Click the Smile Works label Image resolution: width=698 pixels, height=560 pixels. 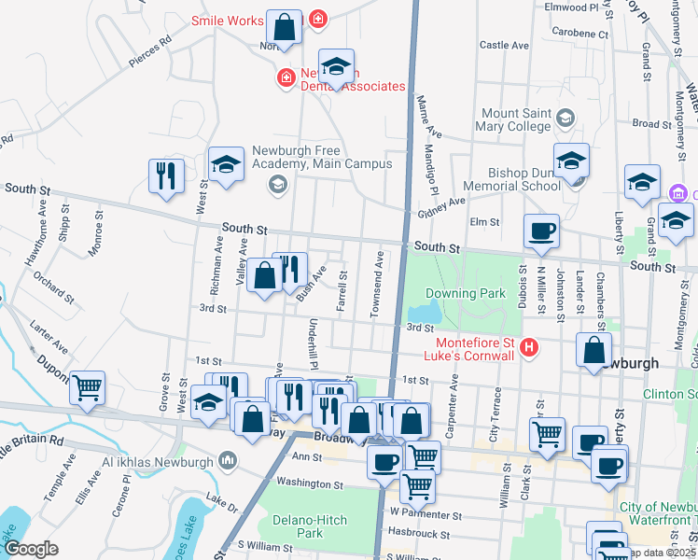point(228,20)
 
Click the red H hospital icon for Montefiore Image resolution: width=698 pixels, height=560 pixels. point(529,348)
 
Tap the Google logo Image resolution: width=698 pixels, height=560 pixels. point(31,549)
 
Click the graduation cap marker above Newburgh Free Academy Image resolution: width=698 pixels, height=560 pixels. point(225,165)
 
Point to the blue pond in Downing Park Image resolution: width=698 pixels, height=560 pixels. point(426,310)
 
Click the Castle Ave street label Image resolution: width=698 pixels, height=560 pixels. point(504,45)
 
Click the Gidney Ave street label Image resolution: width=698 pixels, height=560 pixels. point(442,208)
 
